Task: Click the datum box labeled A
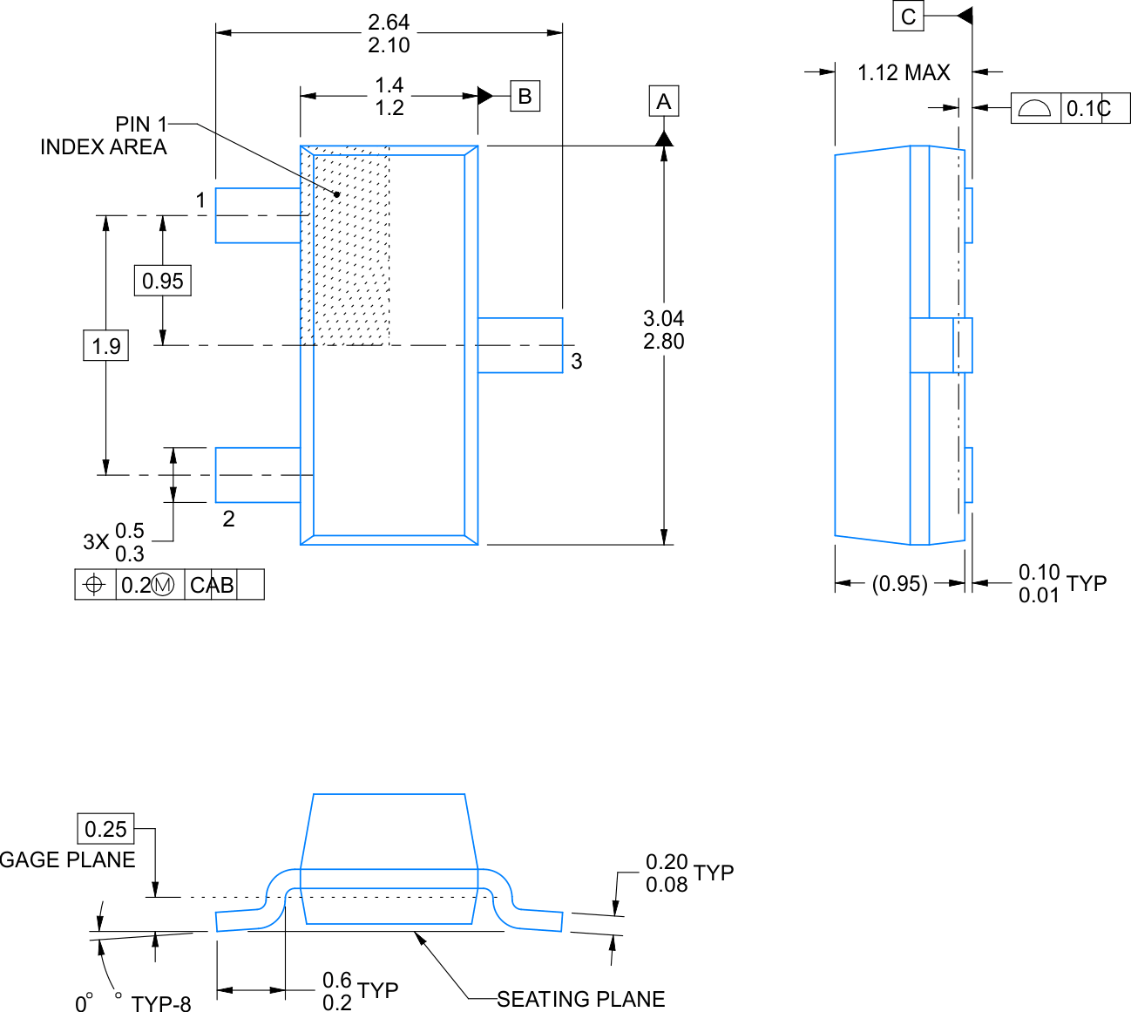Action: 663,101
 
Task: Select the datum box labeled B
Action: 525,96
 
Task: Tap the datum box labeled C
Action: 908,17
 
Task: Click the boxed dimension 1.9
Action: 106,345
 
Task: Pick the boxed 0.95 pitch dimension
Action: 163,281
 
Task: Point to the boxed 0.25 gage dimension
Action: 106,828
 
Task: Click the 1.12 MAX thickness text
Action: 904,72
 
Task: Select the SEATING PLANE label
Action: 580,999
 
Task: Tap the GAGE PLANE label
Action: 68,859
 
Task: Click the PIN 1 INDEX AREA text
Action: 104,136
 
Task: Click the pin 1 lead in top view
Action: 257,215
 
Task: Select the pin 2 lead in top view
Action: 257,475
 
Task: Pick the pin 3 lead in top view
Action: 520,345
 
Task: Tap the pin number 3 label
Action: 576,361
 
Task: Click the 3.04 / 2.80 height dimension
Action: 663,329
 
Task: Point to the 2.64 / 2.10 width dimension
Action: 389,33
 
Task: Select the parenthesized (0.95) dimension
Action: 899,583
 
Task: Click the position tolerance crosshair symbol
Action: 95,584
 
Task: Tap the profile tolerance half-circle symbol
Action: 1035,108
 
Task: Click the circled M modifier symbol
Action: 163,585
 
